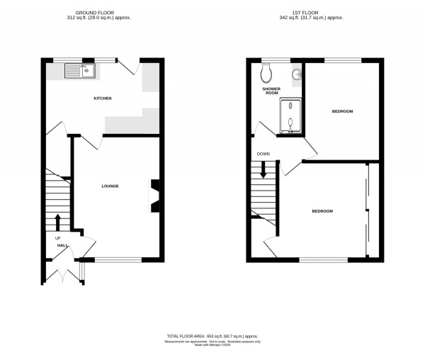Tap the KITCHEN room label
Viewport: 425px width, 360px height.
103,98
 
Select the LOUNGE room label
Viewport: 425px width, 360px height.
110,186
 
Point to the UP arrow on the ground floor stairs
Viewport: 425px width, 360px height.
57,222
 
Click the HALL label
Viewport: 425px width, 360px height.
62,245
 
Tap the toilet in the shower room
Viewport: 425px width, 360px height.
266,72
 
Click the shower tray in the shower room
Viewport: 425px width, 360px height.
290,116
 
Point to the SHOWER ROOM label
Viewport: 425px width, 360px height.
272,91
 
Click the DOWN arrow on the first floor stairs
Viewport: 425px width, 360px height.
263,170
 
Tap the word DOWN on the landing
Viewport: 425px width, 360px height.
263,154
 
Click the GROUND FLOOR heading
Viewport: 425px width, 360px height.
103,12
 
